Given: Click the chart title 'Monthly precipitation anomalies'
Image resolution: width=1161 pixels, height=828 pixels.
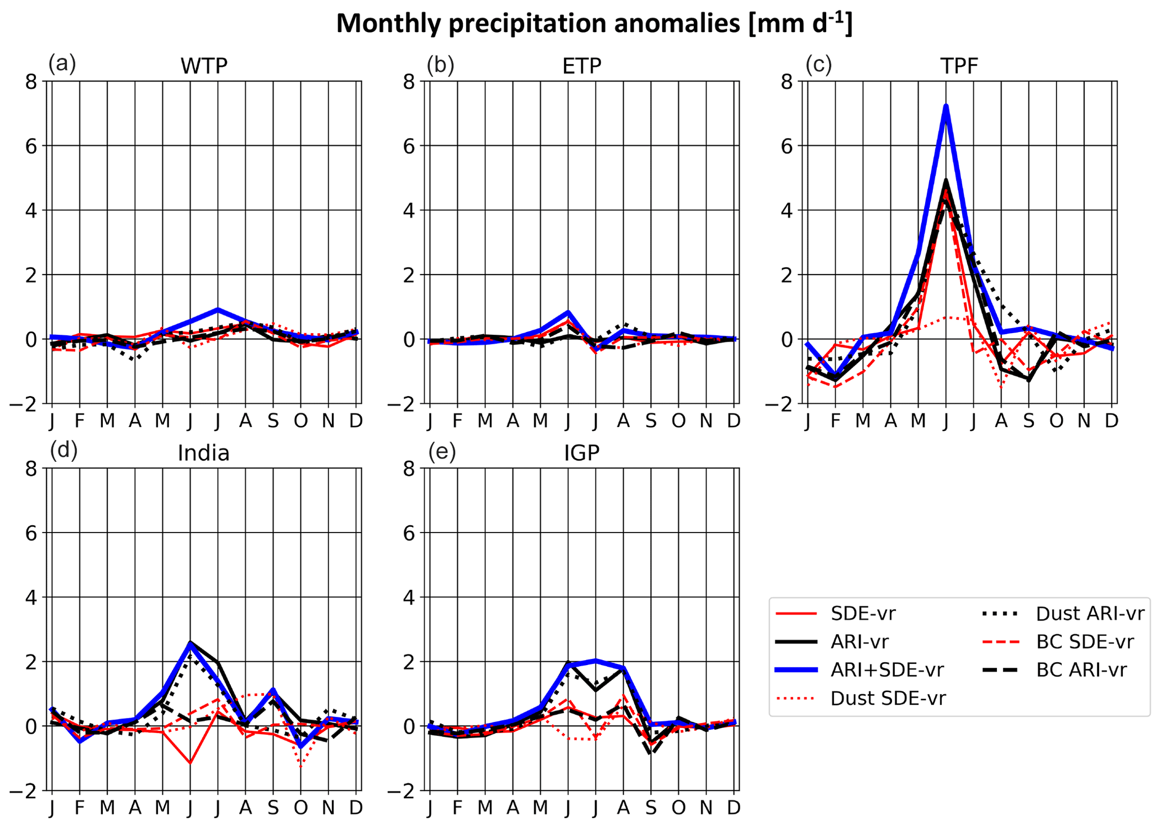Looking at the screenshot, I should point(594,24).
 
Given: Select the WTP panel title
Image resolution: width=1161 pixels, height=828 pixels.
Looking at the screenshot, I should point(204,66).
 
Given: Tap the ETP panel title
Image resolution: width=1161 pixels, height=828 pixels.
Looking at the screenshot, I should point(582,66).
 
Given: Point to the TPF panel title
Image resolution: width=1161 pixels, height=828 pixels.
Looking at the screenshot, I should point(959,66).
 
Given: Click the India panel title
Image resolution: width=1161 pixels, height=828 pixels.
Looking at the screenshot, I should point(203,453).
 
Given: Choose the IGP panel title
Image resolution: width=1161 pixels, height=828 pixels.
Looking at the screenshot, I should point(582,453).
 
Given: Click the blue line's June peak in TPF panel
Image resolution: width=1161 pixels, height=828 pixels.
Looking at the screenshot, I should point(946,106).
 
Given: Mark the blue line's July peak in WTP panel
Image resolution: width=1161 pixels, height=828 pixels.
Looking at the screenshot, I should point(218,310).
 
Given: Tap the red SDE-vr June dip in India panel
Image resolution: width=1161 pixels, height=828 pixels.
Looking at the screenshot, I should point(190,763).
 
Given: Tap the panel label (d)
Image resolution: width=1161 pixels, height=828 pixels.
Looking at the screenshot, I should point(63,451).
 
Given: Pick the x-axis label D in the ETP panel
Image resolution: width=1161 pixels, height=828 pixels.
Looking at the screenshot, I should point(734,420).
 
